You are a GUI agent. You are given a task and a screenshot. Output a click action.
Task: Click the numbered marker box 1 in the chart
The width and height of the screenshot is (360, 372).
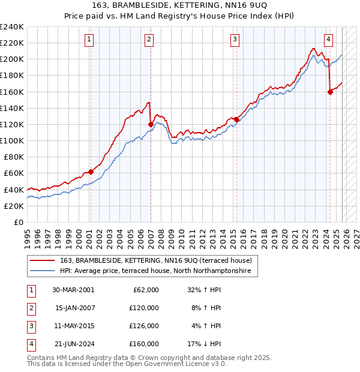click(x=89, y=40)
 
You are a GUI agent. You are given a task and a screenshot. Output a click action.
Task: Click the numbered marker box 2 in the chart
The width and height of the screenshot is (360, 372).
click(x=148, y=40)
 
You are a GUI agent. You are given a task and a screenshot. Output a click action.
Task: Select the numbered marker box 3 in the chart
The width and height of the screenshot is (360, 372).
click(x=235, y=40)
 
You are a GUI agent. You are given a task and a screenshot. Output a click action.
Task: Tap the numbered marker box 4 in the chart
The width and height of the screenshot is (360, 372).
click(x=329, y=40)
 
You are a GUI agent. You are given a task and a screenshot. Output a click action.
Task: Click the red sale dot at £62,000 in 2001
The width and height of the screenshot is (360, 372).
click(x=91, y=172)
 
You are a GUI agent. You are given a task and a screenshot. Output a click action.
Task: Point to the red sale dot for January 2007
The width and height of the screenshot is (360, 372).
click(x=151, y=124)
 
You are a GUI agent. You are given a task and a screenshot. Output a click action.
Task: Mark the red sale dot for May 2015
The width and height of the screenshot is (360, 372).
click(x=236, y=119)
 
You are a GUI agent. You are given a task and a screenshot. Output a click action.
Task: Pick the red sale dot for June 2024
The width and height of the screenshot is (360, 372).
click(x=330, y=92)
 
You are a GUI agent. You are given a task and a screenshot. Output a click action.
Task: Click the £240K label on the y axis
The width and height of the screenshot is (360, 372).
click(x=12, y=27)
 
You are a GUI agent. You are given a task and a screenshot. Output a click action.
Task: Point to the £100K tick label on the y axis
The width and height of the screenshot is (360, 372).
click(x=12, y=140)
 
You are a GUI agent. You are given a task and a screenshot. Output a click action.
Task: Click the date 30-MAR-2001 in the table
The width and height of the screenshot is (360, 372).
click(x=73, y=290)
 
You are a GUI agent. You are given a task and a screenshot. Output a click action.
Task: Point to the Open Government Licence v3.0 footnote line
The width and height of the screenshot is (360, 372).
click(x=127, y=364)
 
